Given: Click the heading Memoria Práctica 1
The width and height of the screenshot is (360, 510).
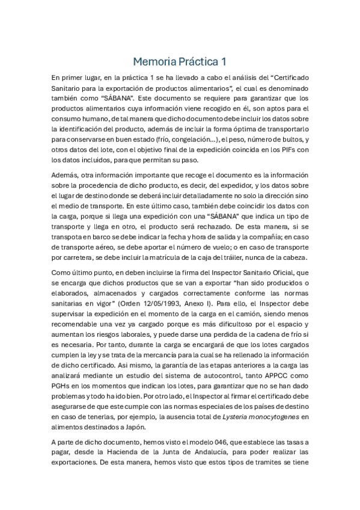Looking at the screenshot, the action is click(180, 61).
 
